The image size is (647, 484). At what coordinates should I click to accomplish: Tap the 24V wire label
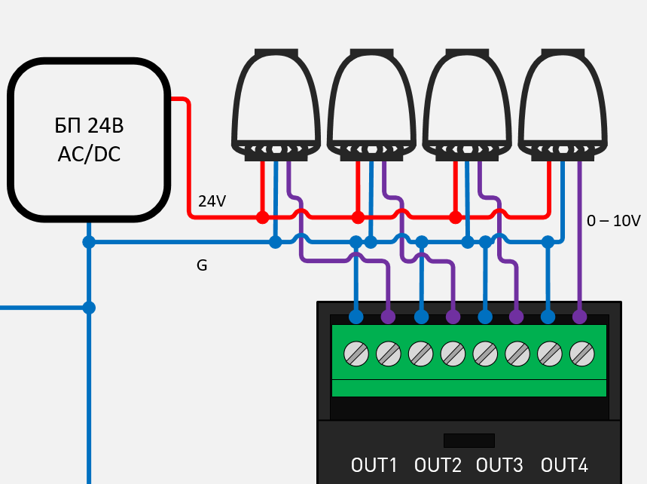coord(212,201)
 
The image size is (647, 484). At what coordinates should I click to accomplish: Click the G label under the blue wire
coord(202,265)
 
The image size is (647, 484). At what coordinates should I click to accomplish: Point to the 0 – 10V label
coord(613,221)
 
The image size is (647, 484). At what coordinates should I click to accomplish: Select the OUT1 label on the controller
coord(374,465)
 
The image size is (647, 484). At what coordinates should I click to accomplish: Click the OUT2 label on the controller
coord(438,465)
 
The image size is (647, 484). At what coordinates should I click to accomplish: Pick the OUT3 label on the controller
coord(499,465)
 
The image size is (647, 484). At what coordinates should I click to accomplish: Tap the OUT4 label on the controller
coord(564,465)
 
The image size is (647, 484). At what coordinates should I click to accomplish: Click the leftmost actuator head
coord(276,102)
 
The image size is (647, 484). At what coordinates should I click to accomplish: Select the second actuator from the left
coord(372,102)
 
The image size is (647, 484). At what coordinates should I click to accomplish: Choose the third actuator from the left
coord(468,102)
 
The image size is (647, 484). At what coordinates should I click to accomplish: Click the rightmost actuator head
coord(563,102)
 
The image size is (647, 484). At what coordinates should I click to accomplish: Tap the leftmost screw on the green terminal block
coord(356,352)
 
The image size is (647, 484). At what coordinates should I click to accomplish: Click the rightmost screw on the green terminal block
coord(581,352)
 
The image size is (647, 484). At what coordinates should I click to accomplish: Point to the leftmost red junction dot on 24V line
coord(262,217)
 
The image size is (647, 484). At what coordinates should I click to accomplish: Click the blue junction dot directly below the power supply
coord(89,242)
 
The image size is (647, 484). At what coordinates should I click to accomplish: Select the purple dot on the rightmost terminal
coord(580,317)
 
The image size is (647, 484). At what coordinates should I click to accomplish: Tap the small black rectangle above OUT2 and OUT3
coord(468,440)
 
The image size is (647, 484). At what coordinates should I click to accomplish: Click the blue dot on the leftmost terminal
coord(356,317)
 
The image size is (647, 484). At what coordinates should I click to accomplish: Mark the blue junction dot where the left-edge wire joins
coord(89,308)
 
